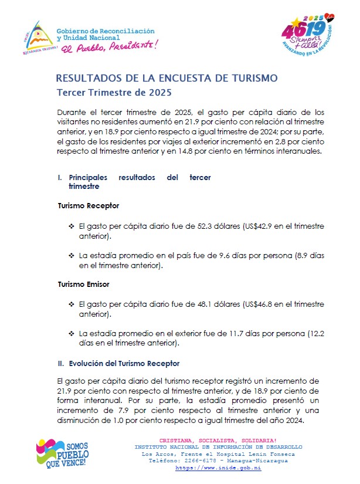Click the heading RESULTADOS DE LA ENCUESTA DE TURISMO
(x=167, y=78)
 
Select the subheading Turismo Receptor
(x=88, y=206)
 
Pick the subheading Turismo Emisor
(x=83, y=285)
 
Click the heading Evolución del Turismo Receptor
(x=124, y=364)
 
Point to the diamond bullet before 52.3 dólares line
(x=72, y=226)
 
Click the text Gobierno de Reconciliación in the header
(x=106, y=30)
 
